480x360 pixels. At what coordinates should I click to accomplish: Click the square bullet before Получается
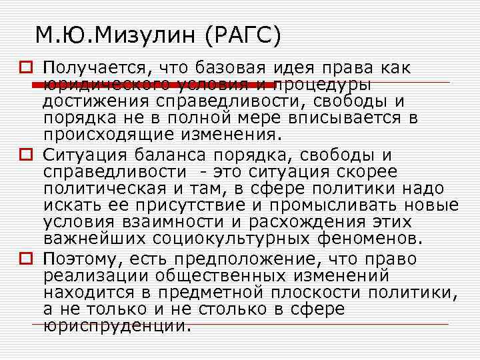tap(25, 69)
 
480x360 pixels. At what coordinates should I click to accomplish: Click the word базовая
tap(232, 68)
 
